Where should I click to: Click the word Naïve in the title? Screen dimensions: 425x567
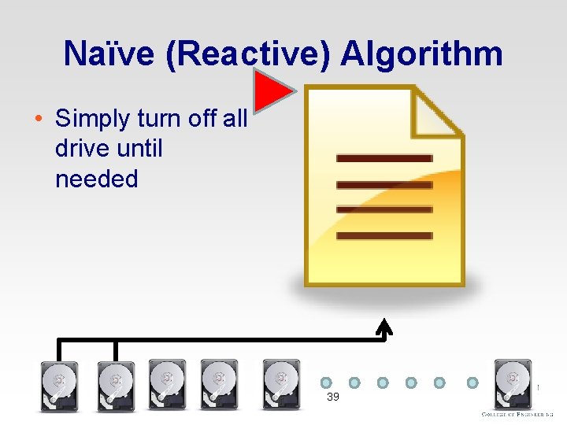click(x=100, y=54)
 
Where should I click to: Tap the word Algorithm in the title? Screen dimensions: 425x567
click(x=422, y=54)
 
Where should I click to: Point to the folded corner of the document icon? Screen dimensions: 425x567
click(x=438, y=113)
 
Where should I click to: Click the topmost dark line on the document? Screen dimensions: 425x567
click(x=384, y=158)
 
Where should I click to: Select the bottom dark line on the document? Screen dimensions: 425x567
click(x=384, y=235)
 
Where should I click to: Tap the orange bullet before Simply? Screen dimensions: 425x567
click(x=38, y=120)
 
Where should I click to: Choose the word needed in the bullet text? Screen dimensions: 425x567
click(x=97, y=179)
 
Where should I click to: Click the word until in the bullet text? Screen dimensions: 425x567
click(x=139, y=148)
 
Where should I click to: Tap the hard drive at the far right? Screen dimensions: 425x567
click(x=513, y=384)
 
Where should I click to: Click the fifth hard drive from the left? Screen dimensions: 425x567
click(x=281, y=384)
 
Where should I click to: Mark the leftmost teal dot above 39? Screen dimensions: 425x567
click(x=326, y=382)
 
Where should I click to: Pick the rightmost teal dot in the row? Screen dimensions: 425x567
click(x=473, y=382)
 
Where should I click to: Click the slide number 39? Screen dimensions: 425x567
click(x=333, y=397)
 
